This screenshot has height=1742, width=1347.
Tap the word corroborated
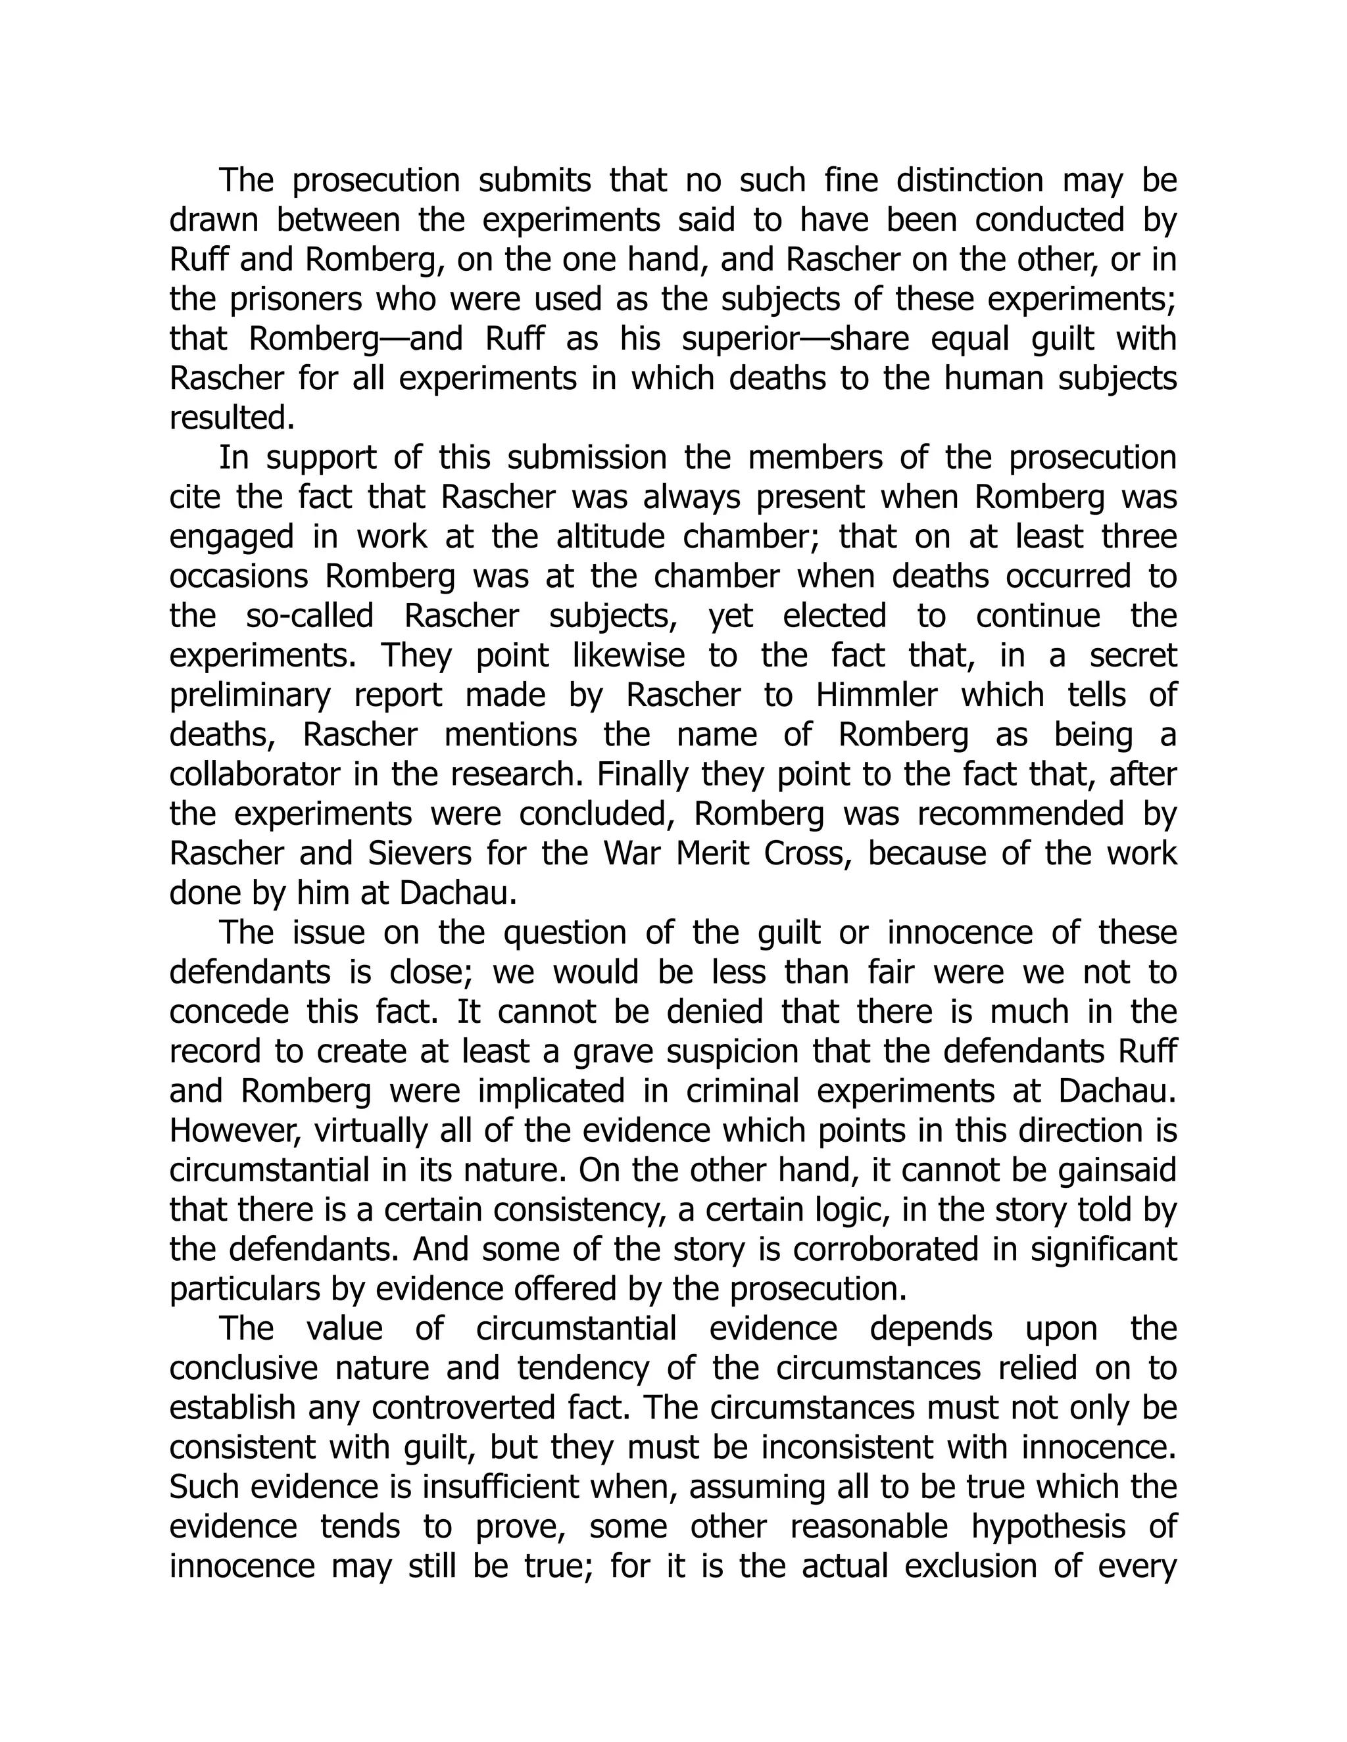(885, 1249)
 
